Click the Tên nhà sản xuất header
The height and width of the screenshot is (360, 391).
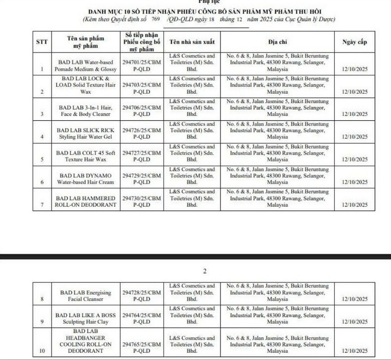point(192,42)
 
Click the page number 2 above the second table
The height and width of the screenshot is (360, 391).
point(205,271)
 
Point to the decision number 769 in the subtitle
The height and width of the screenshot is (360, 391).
point(155,19)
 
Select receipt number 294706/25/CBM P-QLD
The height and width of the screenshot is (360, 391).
point(142,109)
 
